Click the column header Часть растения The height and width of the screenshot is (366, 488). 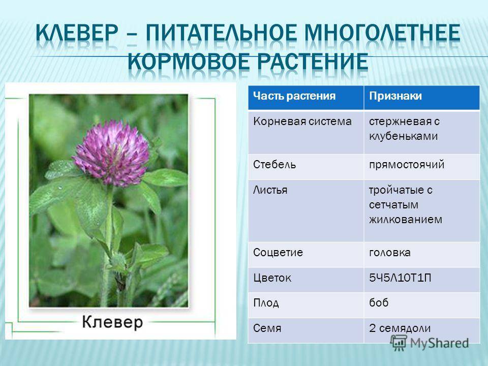pos(294,96)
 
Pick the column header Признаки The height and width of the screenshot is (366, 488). pos(395,96)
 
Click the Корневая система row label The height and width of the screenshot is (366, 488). pos(302,121)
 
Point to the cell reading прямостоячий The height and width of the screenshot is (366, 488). pos(407,164)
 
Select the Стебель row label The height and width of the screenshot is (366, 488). pos(274,164)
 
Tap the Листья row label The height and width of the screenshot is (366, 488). pos(270,190)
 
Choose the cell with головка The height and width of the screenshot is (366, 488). pos(390,253)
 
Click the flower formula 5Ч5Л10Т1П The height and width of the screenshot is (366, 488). pos(400,278)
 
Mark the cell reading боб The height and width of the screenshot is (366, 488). pos(379,302)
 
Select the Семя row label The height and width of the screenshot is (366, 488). pos(267,328)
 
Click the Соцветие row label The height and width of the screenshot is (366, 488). pos(278,253)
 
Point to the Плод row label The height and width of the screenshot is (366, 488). pos(266,303)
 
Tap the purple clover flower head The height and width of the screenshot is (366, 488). pos(112,152)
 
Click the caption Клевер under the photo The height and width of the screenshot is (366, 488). pos(112,322)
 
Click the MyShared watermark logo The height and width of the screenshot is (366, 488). pos(430,343)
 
